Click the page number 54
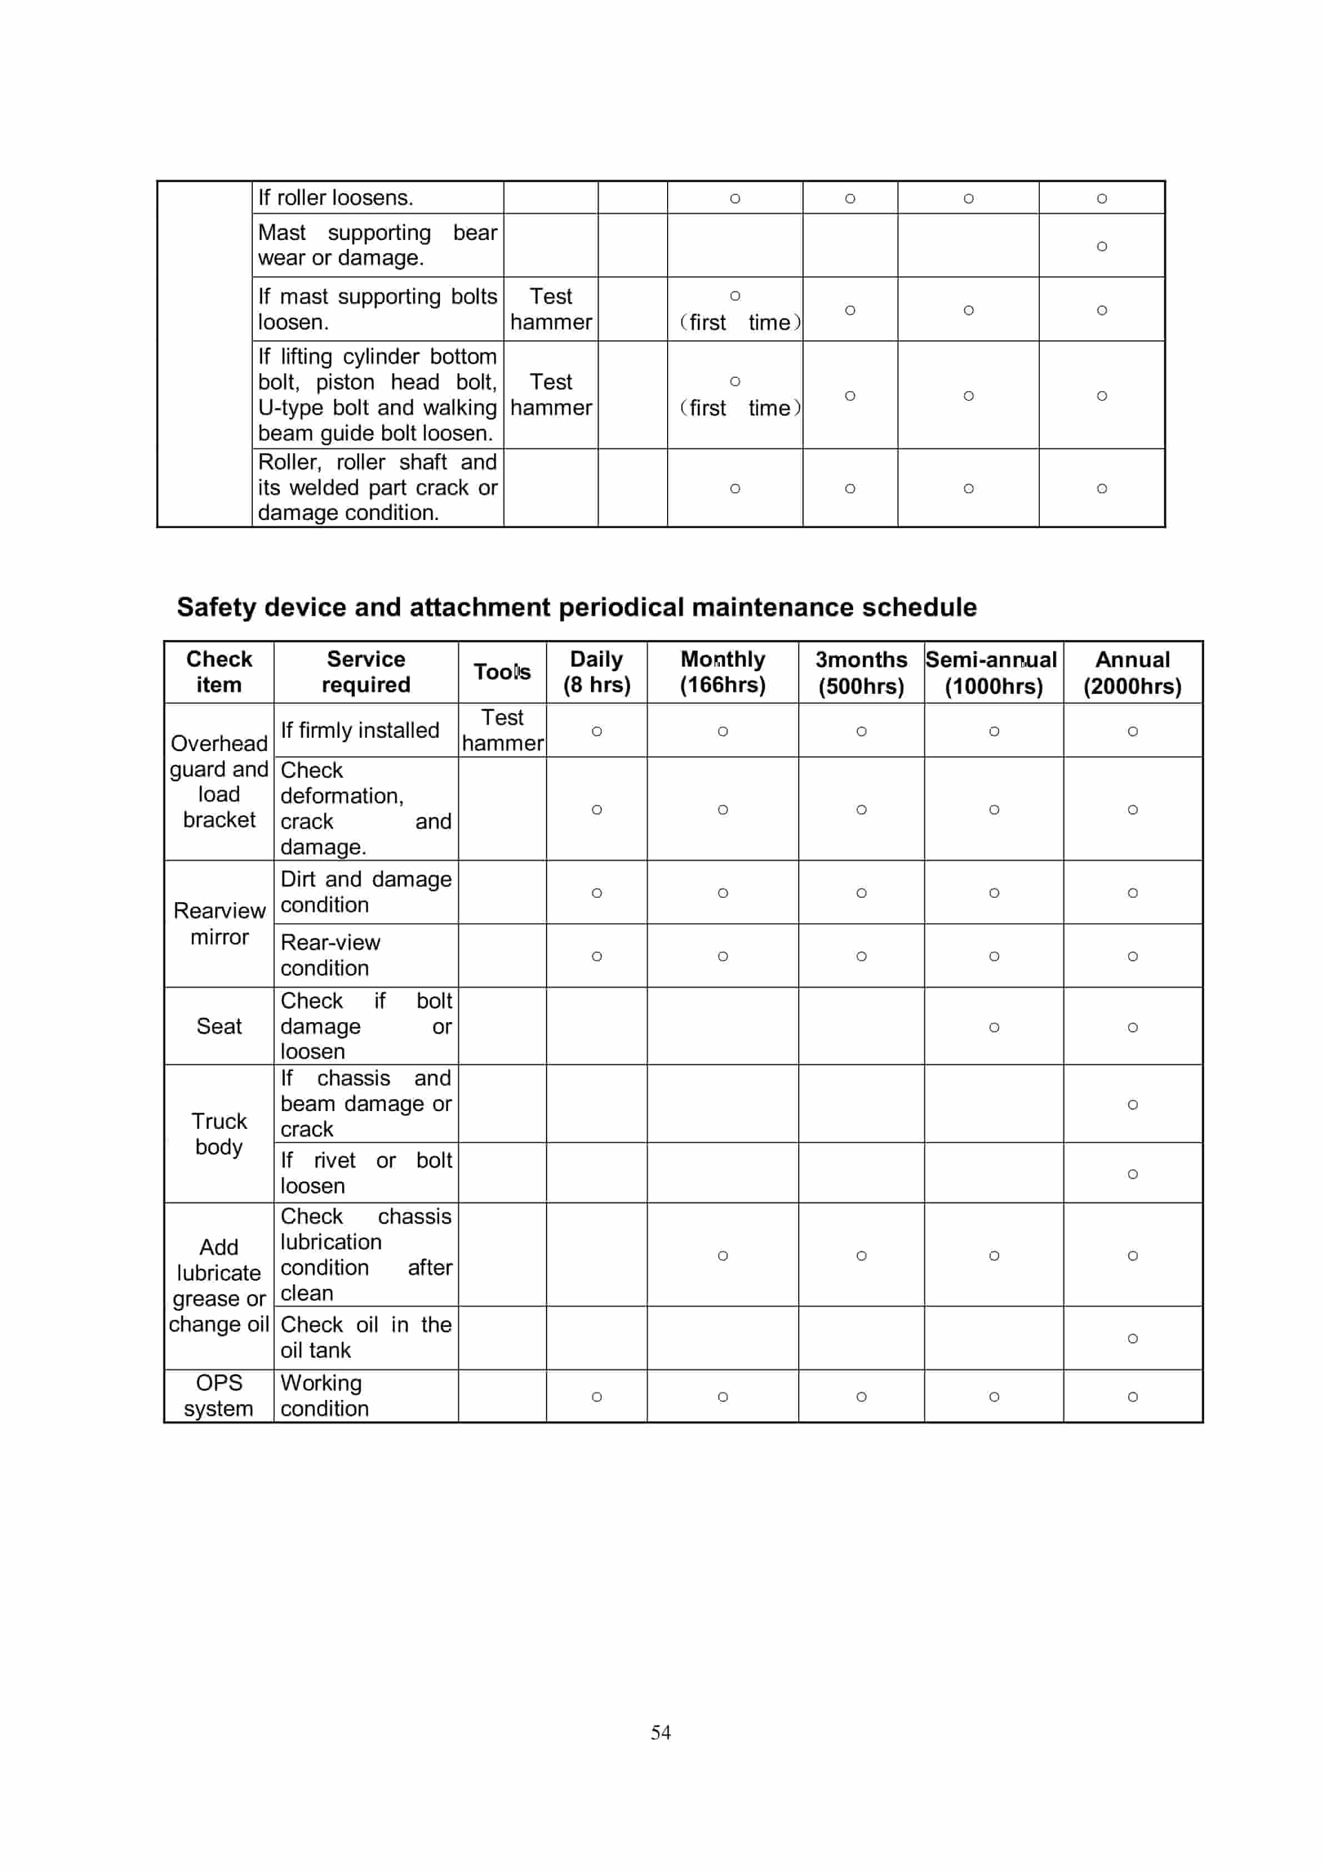click(660, 1732)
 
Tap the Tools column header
click(502, 672)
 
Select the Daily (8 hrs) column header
click(597, 672)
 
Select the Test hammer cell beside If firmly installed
click(502, 730)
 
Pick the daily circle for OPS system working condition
click(597, 1397)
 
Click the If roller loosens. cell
click(336, 198)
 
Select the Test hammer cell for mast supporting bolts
click(551, 309)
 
